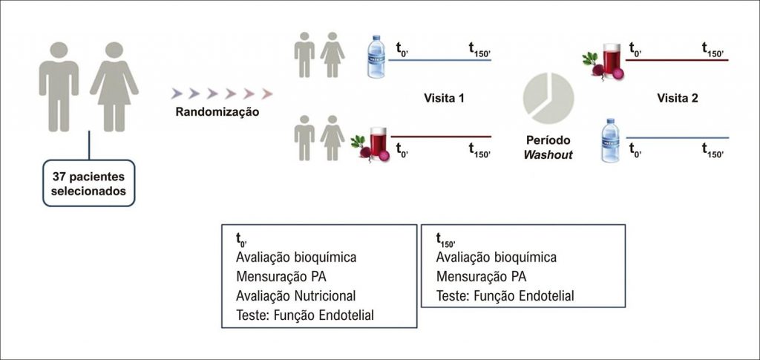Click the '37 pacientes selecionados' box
click(x=89, y=183)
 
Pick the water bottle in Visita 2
click(x=610, y=139)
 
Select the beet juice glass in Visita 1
click(x=379, y=143)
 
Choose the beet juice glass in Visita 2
click(x=613, y=59)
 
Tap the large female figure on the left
click(x=114, y=85)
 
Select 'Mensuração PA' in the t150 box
click(x=482, y=277)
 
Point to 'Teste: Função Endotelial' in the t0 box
click(x=304, y=315)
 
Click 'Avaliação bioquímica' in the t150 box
click(x=497, y=258)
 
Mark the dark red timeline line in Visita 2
click(x=678, y=60)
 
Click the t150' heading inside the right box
click(x=445, y=240)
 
